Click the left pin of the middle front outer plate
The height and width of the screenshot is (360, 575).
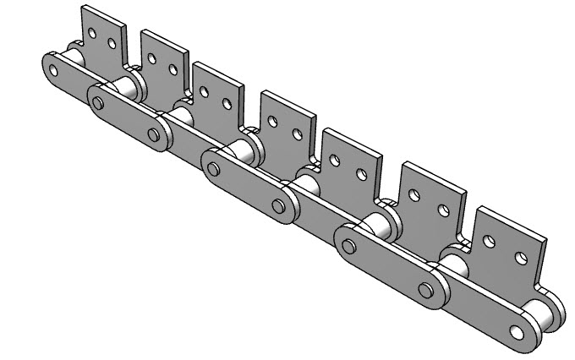point(214,169)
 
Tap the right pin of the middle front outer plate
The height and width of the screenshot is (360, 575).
point(278,205)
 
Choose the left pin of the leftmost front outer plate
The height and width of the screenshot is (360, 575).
point(99,104)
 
